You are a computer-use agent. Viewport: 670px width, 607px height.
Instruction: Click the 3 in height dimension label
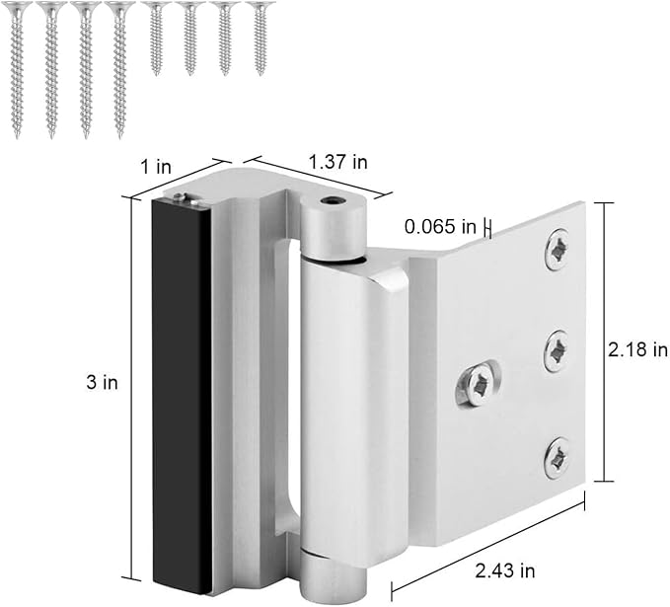click(102, 383)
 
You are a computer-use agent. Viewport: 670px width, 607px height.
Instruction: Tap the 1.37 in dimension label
click(338, 162)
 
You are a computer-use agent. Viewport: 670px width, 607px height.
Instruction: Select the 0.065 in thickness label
click(440, 226)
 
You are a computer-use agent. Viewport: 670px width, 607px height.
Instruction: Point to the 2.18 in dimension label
click(637, 349)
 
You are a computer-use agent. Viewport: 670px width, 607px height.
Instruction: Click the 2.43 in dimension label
click(504, 570)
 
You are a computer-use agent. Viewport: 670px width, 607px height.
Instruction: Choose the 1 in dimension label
click(156, 166)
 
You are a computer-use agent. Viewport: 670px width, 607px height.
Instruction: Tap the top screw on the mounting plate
click(557, 251)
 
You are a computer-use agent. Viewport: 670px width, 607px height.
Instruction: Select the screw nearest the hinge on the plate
click(478, 383)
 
